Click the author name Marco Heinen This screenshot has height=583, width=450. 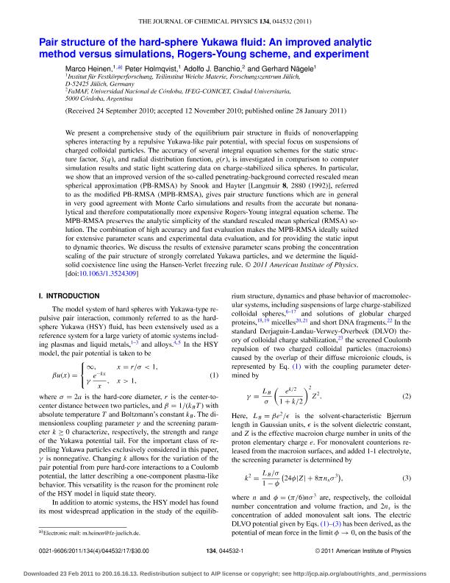(x=88, y=67)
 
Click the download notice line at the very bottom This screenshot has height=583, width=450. (x=225, y=571)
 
